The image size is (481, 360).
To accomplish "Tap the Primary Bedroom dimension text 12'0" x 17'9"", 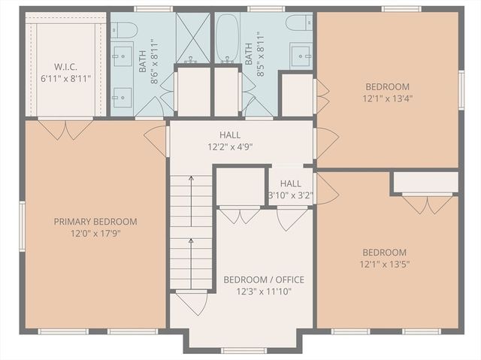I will click(95, 234).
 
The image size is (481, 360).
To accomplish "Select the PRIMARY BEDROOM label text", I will click(95, 222).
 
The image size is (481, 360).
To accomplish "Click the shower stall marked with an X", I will click(193, 38).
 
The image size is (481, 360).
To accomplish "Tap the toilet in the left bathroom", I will click(125, 30).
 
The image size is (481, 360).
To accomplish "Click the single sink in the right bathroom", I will click(301, 56).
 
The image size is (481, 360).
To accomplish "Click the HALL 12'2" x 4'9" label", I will click(230, 141).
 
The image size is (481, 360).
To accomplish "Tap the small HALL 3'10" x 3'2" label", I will click(290, 189).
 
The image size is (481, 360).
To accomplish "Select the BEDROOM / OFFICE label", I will click(264, 280).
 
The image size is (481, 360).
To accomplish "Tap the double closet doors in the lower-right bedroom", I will click(427, 203).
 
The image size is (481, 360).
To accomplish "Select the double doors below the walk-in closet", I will click(65, 129).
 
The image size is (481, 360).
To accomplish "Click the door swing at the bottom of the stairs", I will click(191, 301).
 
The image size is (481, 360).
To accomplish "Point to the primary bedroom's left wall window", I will click(23, 225).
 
